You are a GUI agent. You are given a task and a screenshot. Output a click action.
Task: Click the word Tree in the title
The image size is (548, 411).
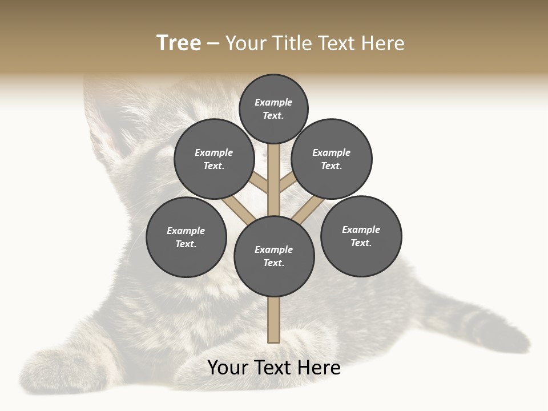pyautogui.click(x=179, y=43)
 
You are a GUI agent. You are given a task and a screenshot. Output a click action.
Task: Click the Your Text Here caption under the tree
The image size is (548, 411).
pyautogui.click(x=274, y=368)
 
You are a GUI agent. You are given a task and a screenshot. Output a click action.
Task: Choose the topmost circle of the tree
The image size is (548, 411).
pyautogui.click(x=273, y=109)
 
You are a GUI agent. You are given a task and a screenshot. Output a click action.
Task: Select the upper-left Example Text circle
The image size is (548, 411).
pyautogui.click(x=214, y=159)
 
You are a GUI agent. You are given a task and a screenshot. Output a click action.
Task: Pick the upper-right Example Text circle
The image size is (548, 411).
pyautogui.click(x=332, y=159)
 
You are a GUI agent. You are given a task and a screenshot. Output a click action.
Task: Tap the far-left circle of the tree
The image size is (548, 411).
pyautogui.click(x=186, y=237)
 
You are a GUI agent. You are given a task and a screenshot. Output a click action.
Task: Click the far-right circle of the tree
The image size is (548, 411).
pyautogui.click(x=361, y=236)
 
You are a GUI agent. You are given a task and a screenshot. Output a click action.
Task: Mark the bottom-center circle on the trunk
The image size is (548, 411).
pyautogui.click(x=274, y=256)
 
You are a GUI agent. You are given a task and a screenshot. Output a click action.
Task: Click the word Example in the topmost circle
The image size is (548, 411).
pyautogui.click(x=273, y=103)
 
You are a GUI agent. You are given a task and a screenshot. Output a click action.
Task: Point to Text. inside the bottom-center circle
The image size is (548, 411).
pyautogui.click(x=273, y=263)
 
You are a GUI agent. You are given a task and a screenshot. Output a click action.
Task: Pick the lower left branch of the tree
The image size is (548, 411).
pyautogui.click(x=239, y=208)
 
